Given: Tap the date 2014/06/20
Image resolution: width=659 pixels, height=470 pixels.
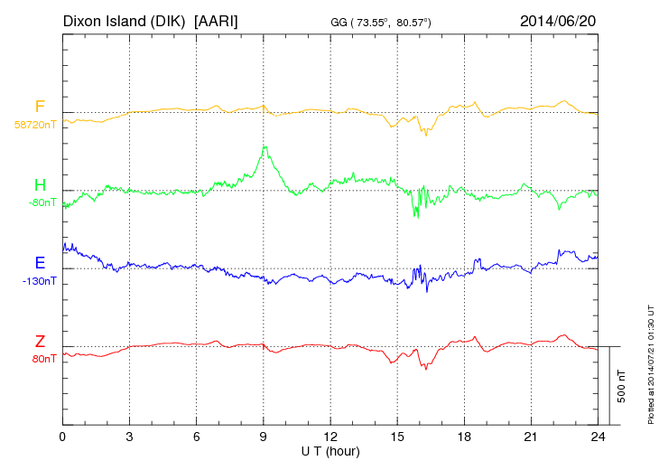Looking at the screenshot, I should pos(557,20).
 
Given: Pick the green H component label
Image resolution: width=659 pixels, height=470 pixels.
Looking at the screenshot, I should pos(40,186).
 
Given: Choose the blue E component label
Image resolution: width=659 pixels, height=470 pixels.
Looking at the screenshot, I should pos(40,264).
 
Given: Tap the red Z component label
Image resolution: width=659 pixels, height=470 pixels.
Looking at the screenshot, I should pos(40,342).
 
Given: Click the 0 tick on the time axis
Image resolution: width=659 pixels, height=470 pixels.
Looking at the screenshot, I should pos(62,437).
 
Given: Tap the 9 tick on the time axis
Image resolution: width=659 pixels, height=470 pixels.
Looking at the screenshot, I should pos(264,437).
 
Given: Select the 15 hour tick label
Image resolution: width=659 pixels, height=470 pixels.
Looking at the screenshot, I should pos(397,437).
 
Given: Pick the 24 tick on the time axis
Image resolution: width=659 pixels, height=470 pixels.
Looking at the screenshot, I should pos(598,437).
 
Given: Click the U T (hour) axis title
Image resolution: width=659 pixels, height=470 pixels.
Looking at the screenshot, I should pos(330,450).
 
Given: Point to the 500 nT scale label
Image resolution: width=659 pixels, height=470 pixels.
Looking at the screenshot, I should pos(622,386).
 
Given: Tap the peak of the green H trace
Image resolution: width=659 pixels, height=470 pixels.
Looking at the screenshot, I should pos(265,146).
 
